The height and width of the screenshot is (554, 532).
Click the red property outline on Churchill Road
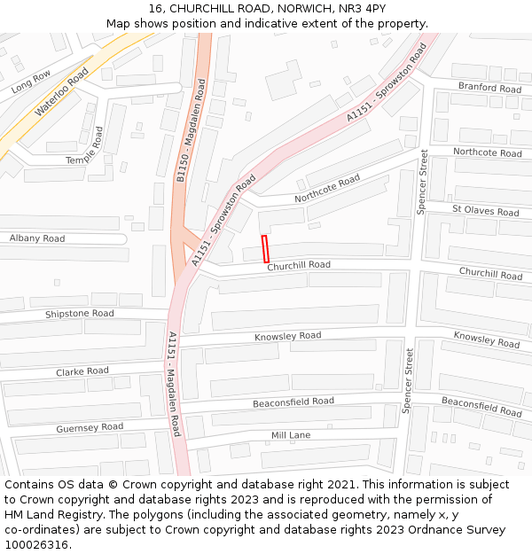[264, 249]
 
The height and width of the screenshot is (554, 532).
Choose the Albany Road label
[37, 238]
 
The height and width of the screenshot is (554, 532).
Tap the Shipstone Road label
[80, 314]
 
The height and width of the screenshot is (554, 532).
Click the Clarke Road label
[82, 371]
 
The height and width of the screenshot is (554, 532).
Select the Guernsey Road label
[90, 427]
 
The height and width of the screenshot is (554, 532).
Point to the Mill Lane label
[291, 435]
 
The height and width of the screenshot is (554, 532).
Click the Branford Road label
[489, 88]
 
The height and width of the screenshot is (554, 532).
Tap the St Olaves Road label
[485, 211]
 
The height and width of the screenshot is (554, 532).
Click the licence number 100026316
[38, 545]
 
